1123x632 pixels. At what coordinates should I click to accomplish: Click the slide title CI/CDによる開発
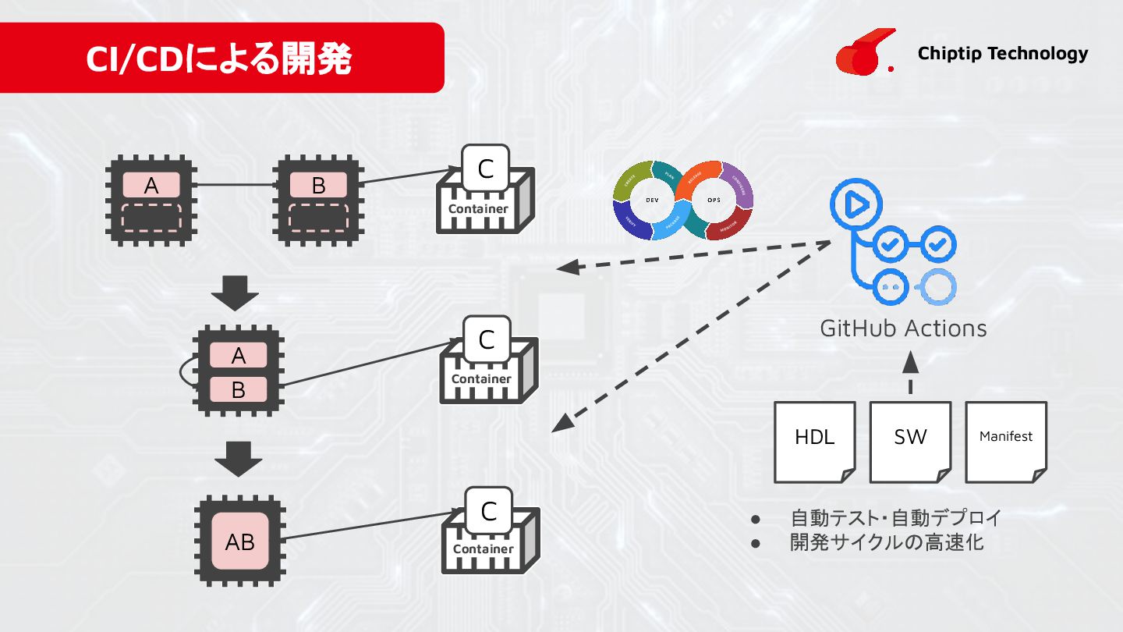(219, 59)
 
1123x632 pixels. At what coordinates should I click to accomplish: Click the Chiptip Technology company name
(1002, 53)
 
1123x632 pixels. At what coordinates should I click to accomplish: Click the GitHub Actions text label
(903, 328)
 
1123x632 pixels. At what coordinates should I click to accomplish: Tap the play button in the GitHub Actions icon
(855, 204)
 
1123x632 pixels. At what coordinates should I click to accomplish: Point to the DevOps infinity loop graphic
(683, 201)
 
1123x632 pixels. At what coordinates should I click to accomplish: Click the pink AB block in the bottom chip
(239, 541)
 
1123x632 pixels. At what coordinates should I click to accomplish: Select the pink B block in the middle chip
(239, 389)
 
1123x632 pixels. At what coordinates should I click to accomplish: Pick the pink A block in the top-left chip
(151, 186)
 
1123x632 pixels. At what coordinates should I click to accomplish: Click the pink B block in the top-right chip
(318, 186)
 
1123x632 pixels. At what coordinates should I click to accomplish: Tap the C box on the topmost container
(485, 169)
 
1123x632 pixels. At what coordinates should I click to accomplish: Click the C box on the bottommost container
(488, 511)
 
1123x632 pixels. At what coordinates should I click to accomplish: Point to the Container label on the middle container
(481, 379)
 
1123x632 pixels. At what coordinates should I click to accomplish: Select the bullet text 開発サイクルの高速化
(887, 542)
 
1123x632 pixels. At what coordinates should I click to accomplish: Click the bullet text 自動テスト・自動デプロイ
(895, 517)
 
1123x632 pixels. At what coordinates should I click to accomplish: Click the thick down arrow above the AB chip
(239, 458)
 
